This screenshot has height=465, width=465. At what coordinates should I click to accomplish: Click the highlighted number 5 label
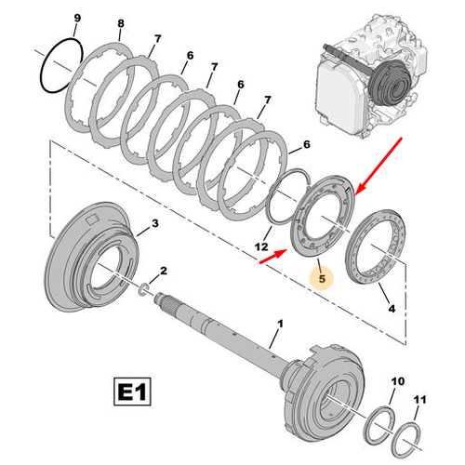320,277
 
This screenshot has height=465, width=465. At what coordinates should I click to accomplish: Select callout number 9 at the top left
76,19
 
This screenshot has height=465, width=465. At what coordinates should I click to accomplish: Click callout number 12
261,246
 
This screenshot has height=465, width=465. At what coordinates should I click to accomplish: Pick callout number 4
390,307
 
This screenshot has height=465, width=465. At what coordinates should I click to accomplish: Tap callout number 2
164,270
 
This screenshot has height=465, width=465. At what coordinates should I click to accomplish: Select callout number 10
398,381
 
